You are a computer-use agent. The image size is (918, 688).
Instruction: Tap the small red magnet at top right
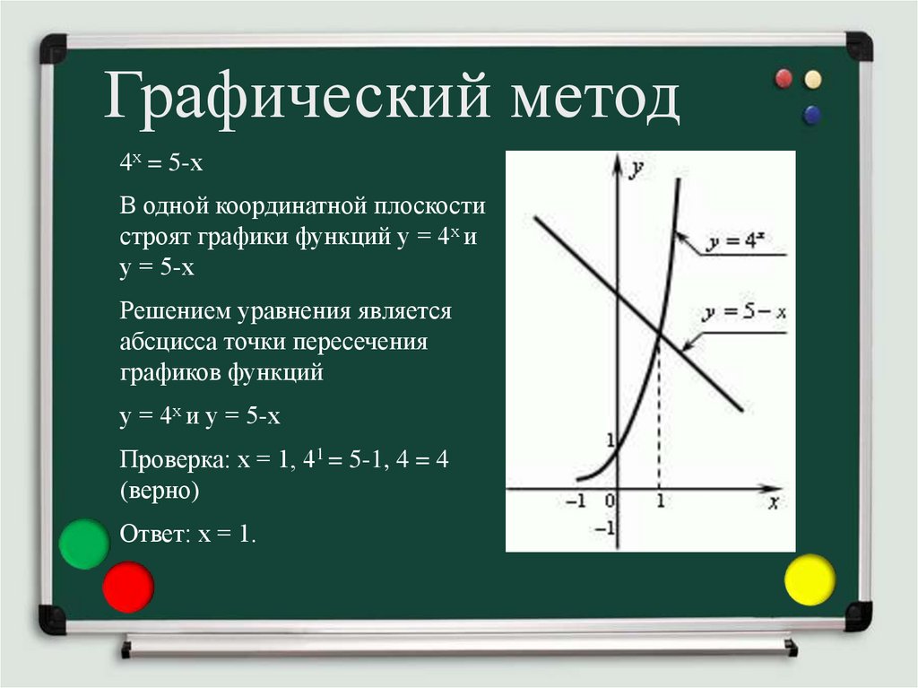coord(784,78)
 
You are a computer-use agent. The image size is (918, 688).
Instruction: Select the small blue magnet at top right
coord(812,114)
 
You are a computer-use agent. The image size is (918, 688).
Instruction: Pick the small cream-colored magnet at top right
coord(813,79)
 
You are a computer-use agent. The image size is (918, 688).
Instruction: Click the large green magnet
coord(83,544)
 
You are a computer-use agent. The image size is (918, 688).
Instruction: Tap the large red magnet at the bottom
coord(128,587)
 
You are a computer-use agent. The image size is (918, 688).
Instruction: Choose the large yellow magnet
coord(810,579)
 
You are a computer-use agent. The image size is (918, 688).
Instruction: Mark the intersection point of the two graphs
coord(660,335)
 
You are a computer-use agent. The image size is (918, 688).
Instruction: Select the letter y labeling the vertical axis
coord(637,168)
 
